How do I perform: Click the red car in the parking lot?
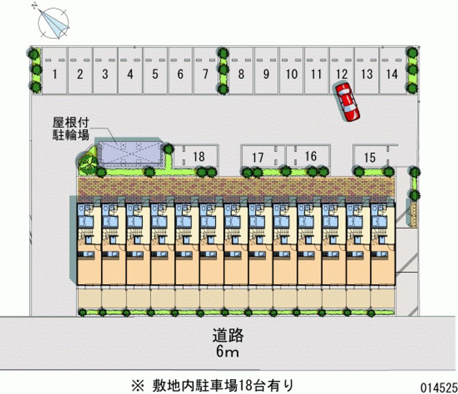347,101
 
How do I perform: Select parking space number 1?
55,73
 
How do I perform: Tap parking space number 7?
205,73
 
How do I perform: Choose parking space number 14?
392,73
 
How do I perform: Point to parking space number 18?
199,156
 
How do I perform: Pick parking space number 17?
258,157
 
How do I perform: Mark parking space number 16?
310,156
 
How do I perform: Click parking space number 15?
370,157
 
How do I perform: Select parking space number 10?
291,73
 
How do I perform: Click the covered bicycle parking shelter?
130,154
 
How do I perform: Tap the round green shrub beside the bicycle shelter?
88,163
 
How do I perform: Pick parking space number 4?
131,73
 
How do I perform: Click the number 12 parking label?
341,73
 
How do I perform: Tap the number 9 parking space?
266,73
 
